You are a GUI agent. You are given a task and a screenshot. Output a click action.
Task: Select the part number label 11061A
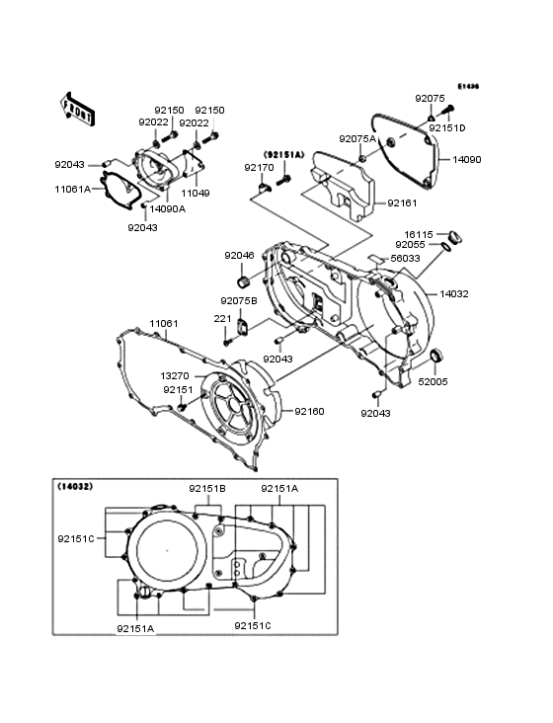point(73,188)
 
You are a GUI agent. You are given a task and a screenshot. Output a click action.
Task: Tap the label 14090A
point(168,208)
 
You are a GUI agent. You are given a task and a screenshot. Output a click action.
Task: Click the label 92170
point(259,168)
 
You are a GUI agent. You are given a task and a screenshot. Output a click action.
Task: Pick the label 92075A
point(357,139)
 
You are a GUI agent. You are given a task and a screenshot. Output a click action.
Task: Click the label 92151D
point(447,128)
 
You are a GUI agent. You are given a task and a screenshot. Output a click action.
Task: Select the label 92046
point(239,256)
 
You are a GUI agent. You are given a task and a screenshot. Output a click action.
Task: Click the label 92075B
point(239,300)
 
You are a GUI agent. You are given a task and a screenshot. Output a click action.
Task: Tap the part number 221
point(222,318)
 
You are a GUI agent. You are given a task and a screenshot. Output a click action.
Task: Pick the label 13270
point(175,376)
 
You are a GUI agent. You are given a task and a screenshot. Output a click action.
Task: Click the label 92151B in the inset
point(208,489)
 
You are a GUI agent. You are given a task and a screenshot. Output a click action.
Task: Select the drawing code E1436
point(467,86)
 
